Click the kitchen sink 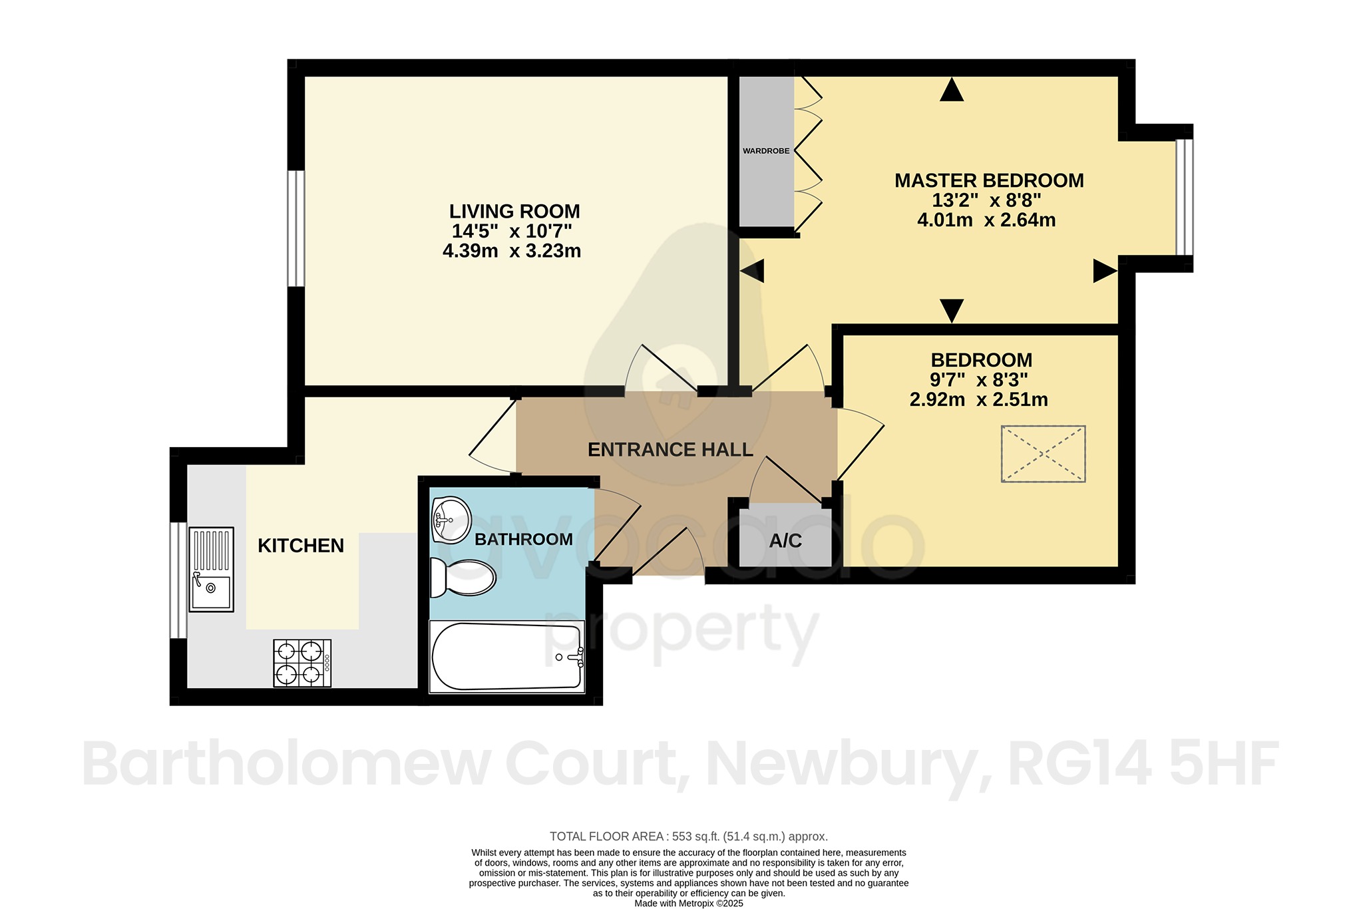pos(211,569)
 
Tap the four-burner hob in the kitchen pos(302,663)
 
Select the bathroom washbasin pos(451,519)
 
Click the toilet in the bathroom pos(464,577)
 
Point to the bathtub pos(507,657)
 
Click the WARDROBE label pos(766,151)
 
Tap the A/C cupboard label pos(785,541)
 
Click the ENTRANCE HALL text pos(670,450)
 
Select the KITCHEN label pos(301,546)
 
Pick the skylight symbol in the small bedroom pos(1043,454)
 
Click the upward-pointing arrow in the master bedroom pos(952,90)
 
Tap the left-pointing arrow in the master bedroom pos(752,271)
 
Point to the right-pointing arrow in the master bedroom pos(1105,271)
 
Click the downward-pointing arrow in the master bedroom pos(952,310)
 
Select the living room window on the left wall pos(296,228)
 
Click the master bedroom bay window pos(1184,197)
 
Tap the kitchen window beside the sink pos(178,580)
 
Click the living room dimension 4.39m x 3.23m pos(512,251)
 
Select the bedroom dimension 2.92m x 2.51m pos(978,400)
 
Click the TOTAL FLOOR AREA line pos(689,836)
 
